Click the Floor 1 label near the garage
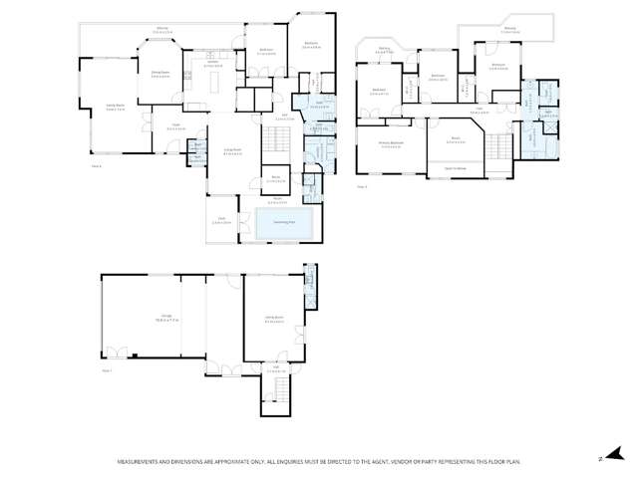pyautogui.click(x=108, y=369)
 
